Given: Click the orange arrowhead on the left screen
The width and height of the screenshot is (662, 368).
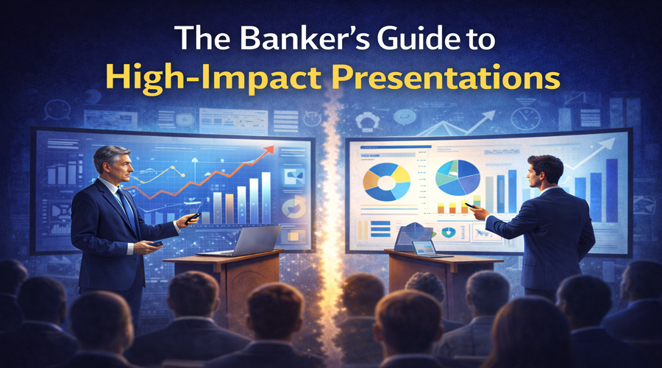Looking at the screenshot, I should [269, 151].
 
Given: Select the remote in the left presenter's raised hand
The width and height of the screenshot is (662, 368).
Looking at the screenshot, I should [193, 218].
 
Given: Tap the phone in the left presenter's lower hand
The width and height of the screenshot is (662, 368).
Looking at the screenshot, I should [157, 244].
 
